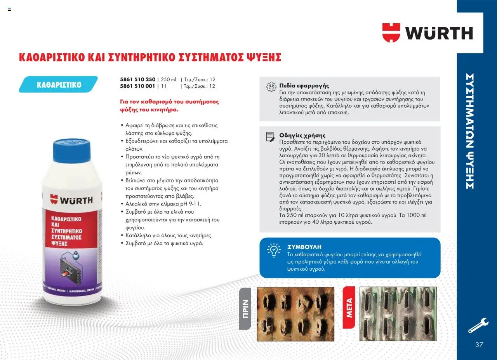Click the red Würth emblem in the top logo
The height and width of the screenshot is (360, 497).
pyautogui.click(x=391, y=33)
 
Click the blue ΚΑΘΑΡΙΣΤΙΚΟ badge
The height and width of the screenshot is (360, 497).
pyautogui.click(x=58, y=84)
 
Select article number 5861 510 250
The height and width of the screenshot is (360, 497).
pyautogui.click(x=137, y=79)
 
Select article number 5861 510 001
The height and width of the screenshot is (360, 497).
pyautogui.click(x=137, y=86)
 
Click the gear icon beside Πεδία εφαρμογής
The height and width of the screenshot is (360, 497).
pyautogui.click(x=271, y=87)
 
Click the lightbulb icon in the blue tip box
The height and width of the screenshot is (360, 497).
pyautogui.click(x=274, y=250)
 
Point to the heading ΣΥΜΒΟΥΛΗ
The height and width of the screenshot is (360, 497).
pyautogui.click(x=304, y=247)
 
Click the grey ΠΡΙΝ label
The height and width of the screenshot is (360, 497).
pyautogui.click(x=245, y=309)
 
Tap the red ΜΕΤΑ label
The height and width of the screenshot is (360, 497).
pyautogui.click(x=349, y=308)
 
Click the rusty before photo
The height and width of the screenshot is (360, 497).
pyautogui.click(x=295, y=314)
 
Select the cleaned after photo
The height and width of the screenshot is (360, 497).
pyautogui.click(x=398, y=314)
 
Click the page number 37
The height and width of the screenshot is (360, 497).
pyautogui.click(x=479, y=345)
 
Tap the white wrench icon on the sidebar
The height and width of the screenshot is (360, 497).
pyautogui.click(x=478, y=325)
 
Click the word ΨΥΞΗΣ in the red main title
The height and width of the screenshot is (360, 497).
pyautogui.click(x=264, y=57)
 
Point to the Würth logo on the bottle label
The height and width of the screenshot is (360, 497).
pyautogui.click(x=71, y=200)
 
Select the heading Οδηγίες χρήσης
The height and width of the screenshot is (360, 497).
pyautogui.click(x=302, y=136)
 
